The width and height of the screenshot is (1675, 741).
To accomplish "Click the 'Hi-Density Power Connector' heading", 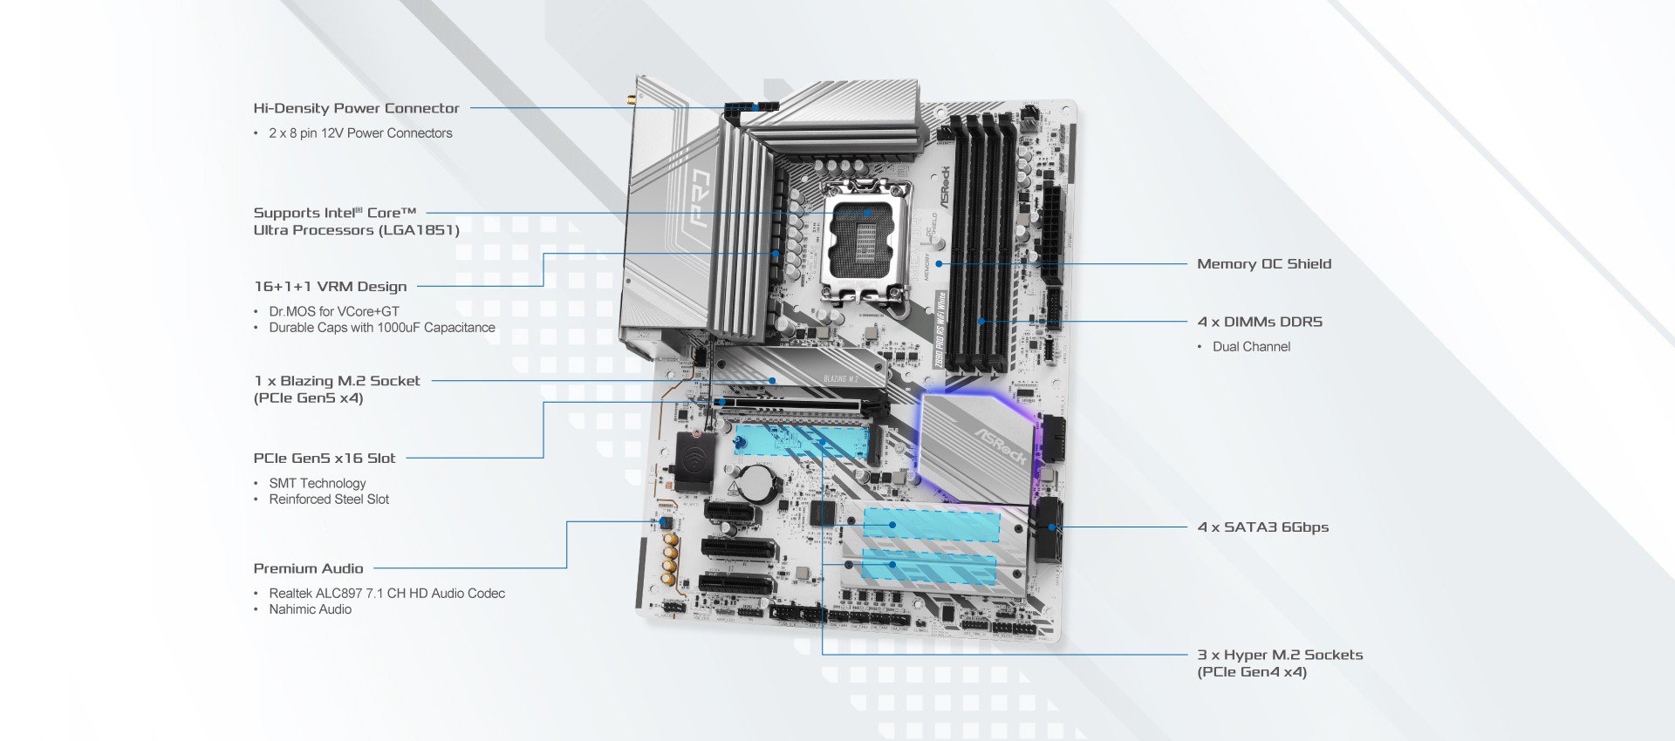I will (x=356, y=108).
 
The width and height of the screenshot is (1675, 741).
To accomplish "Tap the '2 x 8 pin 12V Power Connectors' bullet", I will (x=360, y=133).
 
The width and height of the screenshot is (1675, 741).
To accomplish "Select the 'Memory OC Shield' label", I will (x=1263, y=264).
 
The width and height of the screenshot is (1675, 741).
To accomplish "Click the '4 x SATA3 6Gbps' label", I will (x=1262, y=527).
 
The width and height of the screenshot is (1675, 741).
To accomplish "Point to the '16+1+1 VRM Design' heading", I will (x=330, y=287).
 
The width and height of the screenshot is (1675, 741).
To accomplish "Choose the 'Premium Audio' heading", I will (x=308, y=568).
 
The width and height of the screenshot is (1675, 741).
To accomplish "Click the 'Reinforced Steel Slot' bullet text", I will (x=329, y=500).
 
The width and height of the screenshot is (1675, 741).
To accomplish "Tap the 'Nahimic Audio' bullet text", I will (x=310, y=609).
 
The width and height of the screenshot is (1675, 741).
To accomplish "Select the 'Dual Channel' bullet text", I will (x=1251, y=347).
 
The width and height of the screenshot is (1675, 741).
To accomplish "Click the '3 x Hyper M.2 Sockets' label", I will (x=1279, y=655).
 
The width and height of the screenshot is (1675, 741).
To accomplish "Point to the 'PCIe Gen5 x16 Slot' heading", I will (x=324, y=459).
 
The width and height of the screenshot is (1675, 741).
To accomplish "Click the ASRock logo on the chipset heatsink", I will (x=1000, y=445).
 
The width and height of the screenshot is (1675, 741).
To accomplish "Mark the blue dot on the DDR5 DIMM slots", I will (x=981, y=322).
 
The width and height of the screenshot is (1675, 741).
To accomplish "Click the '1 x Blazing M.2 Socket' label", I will (x=337, y=381).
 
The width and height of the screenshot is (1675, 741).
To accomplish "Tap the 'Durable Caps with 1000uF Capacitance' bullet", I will (x=381, y=328).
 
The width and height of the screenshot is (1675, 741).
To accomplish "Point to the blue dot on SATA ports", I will (x=1052, y=527).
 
